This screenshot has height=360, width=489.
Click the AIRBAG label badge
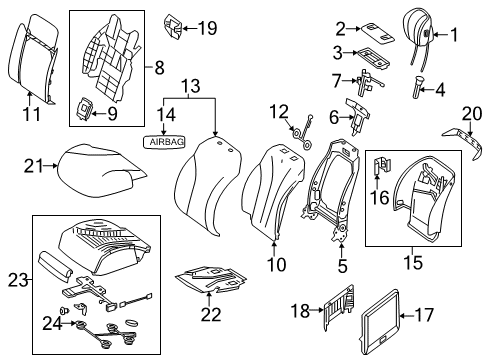click(x=164, y=142)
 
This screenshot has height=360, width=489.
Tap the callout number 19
click(x=208, y=28)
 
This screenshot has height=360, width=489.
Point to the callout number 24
click(x=52, y=323)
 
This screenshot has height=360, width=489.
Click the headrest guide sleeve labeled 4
click(x=417, y=87)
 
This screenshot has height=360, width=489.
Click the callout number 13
click(x=191, y=86)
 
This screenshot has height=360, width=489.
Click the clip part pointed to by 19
click(x=173, y=27)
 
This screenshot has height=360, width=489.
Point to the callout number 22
click(x=210, y=314)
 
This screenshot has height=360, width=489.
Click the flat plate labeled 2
click(x=378, y=33)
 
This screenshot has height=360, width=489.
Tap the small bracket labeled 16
click(x=382, y=165)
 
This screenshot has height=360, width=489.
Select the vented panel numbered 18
click(x=339, y=307)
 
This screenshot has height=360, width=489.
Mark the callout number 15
click(x=413, y=262)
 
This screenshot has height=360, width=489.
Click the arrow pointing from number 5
click(x=342, y=250)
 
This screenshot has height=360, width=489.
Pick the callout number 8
click(x=159, y=68)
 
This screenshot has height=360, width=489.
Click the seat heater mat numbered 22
click(x=211, y=278)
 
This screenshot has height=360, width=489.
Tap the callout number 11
click(x=32, y=114)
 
